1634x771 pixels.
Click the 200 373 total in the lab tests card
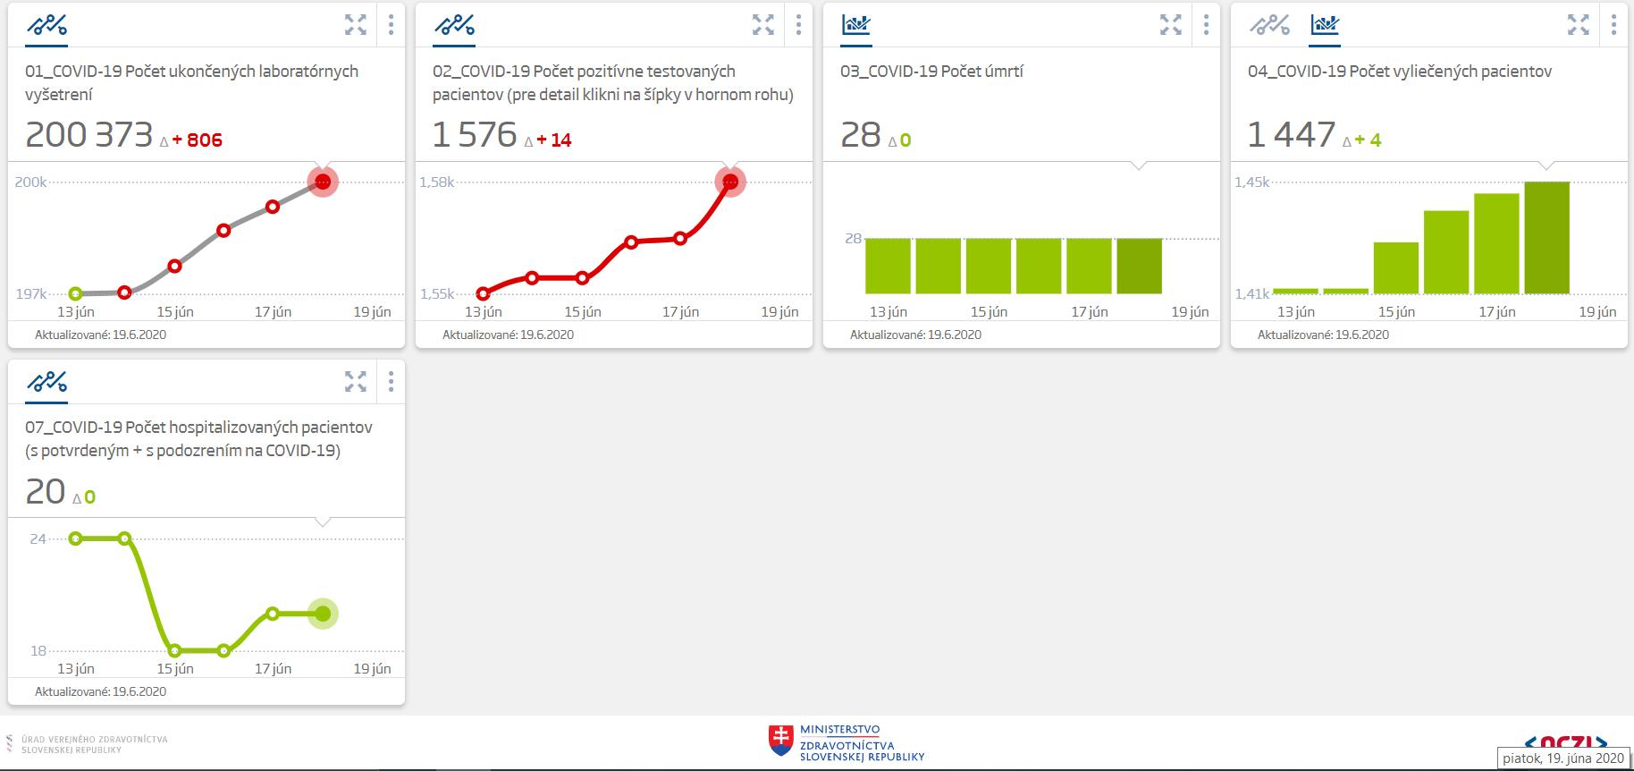tap(89, 135)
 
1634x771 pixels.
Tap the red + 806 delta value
tap(198, 140)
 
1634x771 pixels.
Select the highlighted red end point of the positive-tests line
tap(730, 182)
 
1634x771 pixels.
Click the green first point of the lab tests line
tap(75, 293)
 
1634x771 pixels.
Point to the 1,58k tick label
tap(436, 182)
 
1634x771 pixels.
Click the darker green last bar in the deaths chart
tap(1139, 266)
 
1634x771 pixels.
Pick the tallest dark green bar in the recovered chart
tap(1546, 238)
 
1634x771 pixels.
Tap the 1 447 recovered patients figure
tap(1291, 135)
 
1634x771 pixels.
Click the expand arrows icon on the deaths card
tap(1170, 25)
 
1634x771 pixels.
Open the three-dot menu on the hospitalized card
tap(391, 382)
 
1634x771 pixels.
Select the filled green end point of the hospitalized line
tap(323, 614)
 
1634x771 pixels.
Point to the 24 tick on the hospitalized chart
tap(38, 538)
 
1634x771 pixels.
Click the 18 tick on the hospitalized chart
tap(38, 650)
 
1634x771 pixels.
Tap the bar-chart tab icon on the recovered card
tap(1324, 25)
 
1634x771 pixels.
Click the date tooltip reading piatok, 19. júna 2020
tap(1562, 758)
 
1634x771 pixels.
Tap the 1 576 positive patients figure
tap(475, 135)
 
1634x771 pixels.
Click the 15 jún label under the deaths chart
tap(989, 311)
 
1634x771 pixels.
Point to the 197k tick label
tap(30, 293)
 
